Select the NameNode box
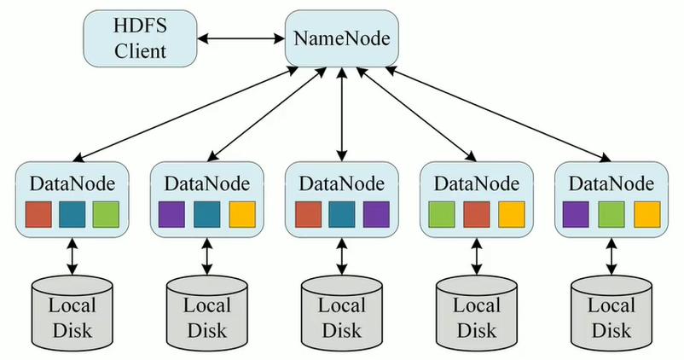pos(340,38)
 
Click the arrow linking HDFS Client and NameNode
pos(240,38)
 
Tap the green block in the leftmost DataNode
pos(106,214)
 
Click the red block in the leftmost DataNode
pos(38,214)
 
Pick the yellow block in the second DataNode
pos(241,214)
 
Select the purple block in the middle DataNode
pos(375,214)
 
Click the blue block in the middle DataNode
pos(341,214)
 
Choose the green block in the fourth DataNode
pos(442,214)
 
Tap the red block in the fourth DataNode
pos(476,214)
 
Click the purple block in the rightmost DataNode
pos(577,214)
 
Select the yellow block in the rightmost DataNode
pos(645,214)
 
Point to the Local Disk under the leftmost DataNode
pos(72,311)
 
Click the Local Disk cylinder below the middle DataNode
pos(341,311)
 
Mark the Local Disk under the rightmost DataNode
pos(611,311)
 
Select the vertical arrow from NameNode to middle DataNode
pos(341,115)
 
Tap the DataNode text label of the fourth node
pos(476,183)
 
